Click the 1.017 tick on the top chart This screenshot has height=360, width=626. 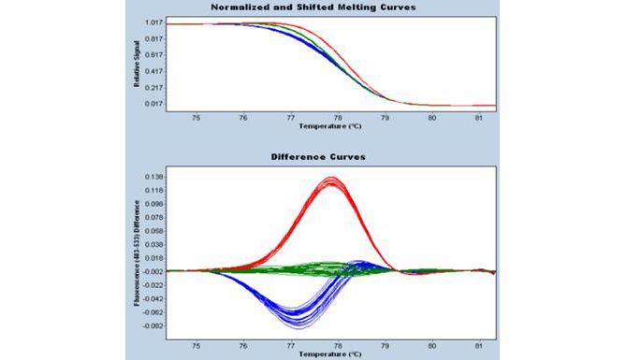[154, 22]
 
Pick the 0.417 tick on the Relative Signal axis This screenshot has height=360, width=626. [154, 71]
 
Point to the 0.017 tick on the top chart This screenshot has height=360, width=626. [154, 104]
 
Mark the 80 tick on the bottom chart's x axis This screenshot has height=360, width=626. [431, 346]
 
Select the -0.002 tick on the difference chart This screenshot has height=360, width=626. [153, 271]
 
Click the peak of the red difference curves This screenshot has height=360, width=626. [330, 180]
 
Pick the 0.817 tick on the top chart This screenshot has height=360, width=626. [154, 38]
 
